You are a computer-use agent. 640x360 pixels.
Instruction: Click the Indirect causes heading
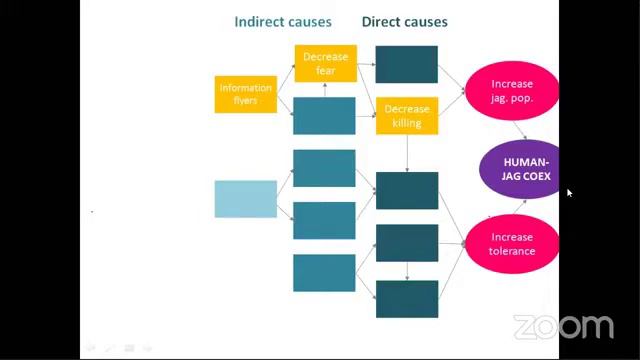coord(283,22)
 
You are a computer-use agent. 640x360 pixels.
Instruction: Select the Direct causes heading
coord(404,22)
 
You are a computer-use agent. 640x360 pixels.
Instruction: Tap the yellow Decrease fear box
coord(326,64)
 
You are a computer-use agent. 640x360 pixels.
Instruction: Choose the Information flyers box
coord(246,94)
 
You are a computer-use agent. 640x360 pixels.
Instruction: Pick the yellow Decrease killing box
coord(407,116)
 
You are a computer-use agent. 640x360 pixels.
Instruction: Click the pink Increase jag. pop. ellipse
coord(512,91)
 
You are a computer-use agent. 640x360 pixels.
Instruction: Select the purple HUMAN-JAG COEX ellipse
coord(519,169)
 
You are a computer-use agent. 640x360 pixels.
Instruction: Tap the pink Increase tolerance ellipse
coord(512,244)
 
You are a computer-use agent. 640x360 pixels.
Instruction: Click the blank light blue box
coord(246,199)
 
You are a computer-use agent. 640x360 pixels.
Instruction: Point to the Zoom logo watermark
coord(564,327)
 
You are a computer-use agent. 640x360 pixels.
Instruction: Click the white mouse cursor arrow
coord(569,193)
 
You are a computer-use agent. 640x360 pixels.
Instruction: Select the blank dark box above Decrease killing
coord(407,64)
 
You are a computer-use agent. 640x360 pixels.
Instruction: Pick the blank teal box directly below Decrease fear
coord(324,116)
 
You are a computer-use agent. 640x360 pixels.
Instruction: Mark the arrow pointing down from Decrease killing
coord(407,153)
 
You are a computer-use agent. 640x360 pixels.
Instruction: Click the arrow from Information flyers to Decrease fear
coord(286,78)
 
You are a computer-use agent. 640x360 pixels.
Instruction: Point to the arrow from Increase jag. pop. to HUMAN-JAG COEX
coord(520,130)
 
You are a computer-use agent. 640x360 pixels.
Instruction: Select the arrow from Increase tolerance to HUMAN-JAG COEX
coord(520,207)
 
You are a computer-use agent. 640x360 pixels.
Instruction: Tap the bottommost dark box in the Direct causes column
coord(407,299)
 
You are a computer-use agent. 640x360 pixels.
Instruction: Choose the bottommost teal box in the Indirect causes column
coord(324,273)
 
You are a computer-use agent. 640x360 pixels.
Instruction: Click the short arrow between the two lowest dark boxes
coord(407,271)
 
